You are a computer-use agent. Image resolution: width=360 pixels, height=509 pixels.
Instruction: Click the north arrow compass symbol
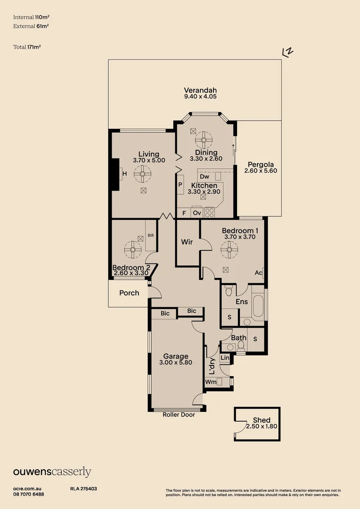(287, 52)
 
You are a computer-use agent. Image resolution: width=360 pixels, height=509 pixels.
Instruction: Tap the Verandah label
(200, 90)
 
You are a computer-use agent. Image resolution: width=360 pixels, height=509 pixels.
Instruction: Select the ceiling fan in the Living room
(142, 174)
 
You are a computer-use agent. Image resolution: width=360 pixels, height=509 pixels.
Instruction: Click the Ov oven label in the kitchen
(197, 213)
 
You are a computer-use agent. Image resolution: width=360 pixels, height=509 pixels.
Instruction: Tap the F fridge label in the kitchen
(184, 213)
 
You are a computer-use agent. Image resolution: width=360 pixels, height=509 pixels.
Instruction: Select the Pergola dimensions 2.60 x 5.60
(261, 171)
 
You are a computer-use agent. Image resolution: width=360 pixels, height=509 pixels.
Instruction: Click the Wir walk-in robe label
(187, 242)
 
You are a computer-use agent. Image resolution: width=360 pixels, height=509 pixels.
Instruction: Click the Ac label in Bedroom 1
(258, 273)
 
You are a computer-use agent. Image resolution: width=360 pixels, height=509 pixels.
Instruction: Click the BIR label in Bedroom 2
(151, 235)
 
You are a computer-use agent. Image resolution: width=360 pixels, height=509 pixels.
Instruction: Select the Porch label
(129, 293)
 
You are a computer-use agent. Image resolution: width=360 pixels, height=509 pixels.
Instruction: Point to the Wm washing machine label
(211, 382)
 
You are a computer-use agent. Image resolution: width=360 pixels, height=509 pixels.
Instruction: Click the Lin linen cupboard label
(225, 359)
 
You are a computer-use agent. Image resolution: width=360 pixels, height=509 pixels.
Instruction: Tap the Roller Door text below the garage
(179, 415)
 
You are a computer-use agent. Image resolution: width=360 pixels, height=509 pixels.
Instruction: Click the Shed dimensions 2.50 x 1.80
(262, 427)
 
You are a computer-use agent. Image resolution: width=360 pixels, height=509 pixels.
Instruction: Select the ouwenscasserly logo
(52, 472)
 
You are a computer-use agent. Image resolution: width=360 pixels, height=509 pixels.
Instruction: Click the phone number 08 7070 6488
(29, 494)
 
